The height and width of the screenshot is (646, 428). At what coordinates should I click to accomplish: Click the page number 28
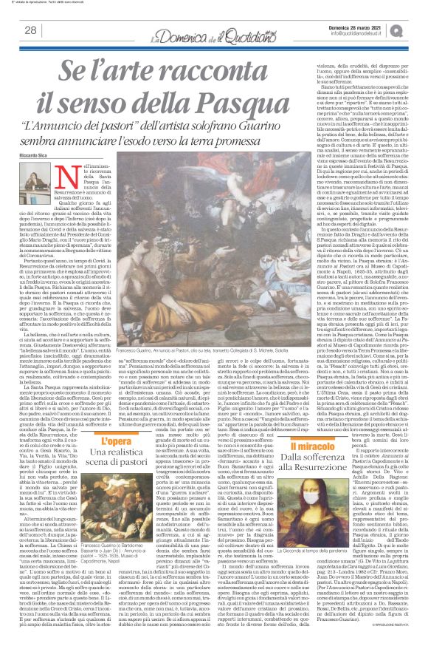(31, 30)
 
